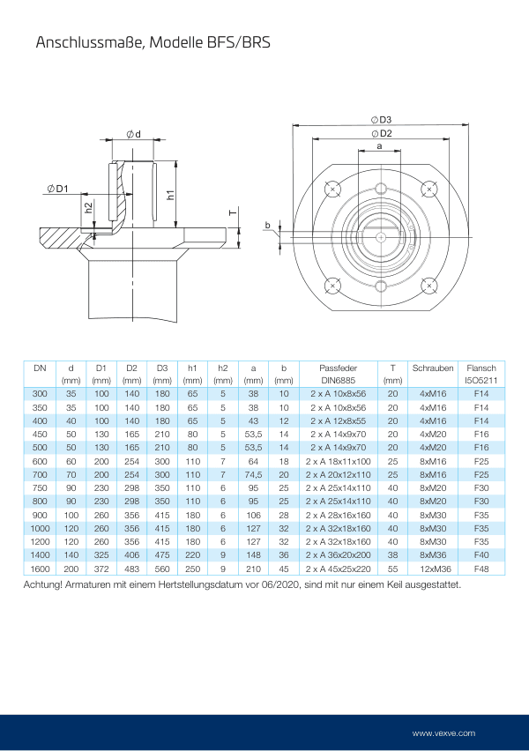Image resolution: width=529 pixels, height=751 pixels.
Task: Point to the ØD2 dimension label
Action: click(382, 133)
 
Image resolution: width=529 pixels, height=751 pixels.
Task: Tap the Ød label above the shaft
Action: click(134, 133)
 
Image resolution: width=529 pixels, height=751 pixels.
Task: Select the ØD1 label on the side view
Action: click(58, 188)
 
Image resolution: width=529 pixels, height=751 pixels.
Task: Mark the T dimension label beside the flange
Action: click(231, 213)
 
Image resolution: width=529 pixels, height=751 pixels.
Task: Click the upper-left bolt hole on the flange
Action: click(332, 189)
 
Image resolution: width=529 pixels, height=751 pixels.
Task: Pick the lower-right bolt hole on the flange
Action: click(429, 286)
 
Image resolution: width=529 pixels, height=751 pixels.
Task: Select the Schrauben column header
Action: click(432, 367)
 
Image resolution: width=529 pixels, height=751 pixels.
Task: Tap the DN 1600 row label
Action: click(40, 568)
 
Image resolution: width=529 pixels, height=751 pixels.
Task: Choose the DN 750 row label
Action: click(40, 487)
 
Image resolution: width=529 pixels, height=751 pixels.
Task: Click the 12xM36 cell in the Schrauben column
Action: click(432, 568)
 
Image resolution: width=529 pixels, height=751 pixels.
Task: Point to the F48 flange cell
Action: click(481, 568)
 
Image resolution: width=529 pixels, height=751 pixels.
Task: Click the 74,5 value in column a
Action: click(253, 474)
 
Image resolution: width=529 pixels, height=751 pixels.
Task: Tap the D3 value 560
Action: click(161, 568)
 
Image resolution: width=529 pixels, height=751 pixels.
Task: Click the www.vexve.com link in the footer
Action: click(443, 732)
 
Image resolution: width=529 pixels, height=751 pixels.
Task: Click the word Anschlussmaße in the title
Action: click(85, 41)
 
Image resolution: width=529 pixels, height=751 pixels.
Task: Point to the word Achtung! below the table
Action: click(46, 584)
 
